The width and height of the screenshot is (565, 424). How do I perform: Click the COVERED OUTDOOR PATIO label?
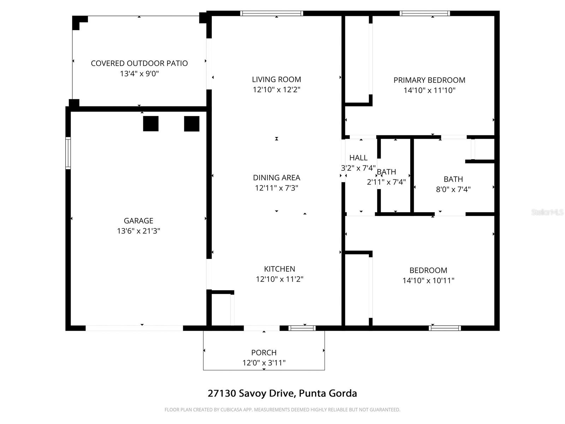pos(139,63)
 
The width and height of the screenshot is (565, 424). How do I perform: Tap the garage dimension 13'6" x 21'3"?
pos(138,231)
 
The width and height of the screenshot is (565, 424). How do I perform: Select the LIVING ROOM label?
pos(276,79)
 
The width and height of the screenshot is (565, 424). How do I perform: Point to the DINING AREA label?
pos(276,178)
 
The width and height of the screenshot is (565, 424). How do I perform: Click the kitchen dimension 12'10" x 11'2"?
pos(280,279)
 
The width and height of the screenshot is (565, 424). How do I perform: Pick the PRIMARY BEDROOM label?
pos(429,80)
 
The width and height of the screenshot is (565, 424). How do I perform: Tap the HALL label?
pos(358,158)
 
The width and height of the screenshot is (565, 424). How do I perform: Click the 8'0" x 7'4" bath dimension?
pos(453,189)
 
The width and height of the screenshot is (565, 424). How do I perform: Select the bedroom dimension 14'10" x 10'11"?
pos(428,281)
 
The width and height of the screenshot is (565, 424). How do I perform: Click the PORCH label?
pos(264,353)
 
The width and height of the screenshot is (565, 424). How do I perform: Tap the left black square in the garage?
pos(151,124)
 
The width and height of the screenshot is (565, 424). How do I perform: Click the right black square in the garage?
pos(192,124)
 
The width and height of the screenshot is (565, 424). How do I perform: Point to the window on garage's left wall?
pos(68,153)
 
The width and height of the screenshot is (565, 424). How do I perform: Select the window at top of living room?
pos(272,13)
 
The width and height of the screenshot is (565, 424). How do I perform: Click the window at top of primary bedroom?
pos(425,13)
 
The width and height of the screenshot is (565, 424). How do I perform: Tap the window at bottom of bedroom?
pos(445,328)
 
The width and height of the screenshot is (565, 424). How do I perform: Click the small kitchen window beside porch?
pos(302,328)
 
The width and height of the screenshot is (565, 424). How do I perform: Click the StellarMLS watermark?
pos(547,212)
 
